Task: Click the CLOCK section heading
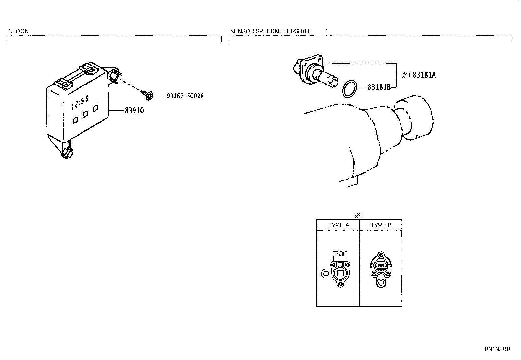(x=18, y=31)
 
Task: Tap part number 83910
(x=134, y=111)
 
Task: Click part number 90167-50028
(x=185, y=96)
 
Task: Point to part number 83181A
(x=424, y=75)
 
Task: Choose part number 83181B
(x=379, y=87)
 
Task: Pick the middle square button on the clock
(x=85, y=114)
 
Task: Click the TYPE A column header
(x=338, y=225)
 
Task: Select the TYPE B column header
(x=381, y=225)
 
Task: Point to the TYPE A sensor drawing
(x=338, y=270)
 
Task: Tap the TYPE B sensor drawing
(x=380, y=269)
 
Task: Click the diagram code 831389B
(x=497, y=349)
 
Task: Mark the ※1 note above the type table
(x=359, y=215)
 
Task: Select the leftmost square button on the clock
(x=75, y=120)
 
